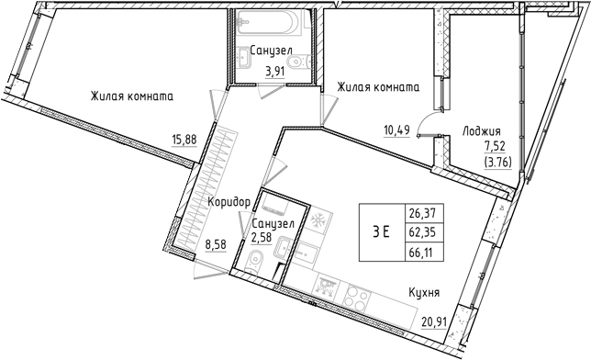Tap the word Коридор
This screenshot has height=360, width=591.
pyautogui.click(x=229, y=202)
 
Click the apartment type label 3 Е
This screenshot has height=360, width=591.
pyautogui.click(x=381, y=231)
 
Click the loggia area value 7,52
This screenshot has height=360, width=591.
pyautogui.click(x=496, y=146)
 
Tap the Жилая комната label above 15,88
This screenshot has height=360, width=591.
pyautogui.click(x=132, y=96)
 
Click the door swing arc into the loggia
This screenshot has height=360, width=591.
pyautogui.click(x=425, y=126)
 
